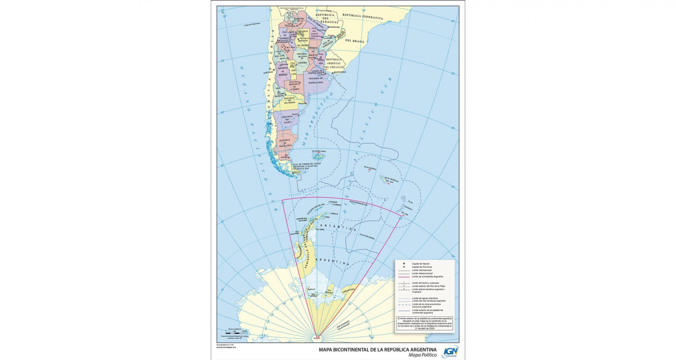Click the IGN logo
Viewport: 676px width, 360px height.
(450, 352)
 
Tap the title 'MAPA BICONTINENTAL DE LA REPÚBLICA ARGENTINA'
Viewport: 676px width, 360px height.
(378, 350)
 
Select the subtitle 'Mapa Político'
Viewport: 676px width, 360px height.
(422, 355)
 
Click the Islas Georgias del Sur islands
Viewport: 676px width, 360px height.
(382, 180)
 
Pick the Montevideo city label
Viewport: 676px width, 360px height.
(340, 72)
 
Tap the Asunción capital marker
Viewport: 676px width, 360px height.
(328, 27)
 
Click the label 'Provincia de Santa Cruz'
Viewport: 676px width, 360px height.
(285, 143)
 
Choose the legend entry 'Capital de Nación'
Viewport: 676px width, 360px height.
(421, 264)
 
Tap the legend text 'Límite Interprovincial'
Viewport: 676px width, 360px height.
(422, 273)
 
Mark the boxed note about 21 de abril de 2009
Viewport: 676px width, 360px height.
(424, 323)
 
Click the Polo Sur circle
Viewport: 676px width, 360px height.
(317, 339)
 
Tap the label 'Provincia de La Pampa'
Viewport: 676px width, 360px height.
(294, 86)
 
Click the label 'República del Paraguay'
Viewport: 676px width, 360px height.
(325, 18)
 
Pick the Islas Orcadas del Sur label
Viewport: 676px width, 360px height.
(358, 203)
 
